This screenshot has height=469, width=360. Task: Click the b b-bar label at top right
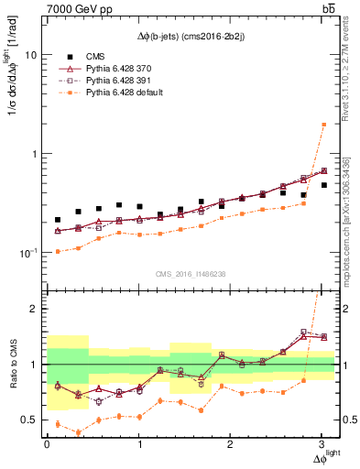click(326, 9)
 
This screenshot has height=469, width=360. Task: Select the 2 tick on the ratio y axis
click(31, 309)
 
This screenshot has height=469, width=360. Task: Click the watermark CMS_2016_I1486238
click(191, 274)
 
